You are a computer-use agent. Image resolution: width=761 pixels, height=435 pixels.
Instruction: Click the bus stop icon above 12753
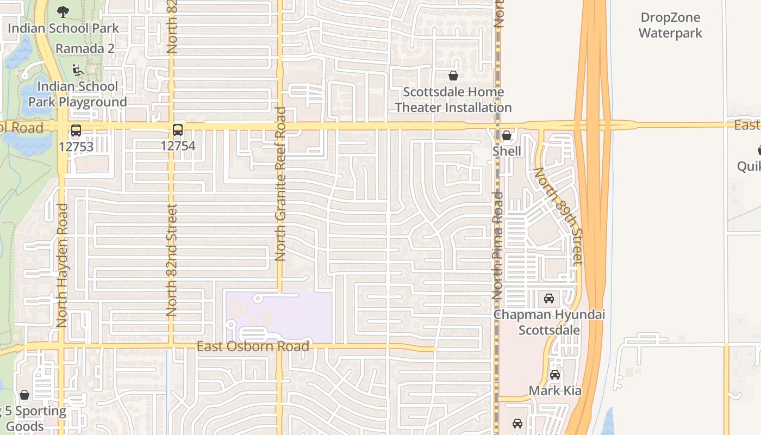click(x=76, y=130)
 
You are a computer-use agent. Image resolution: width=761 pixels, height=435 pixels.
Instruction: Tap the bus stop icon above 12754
click(x=178, y=130)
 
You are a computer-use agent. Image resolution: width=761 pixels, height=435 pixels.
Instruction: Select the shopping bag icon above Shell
click(x=507, y=135)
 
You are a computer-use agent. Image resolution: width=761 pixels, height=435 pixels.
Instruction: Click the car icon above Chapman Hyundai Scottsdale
click(x=549, y=299)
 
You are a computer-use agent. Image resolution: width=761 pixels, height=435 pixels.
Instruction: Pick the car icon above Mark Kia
click(x=555, y=375)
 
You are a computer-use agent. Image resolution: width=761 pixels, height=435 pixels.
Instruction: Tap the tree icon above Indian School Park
click(x=63, y=11)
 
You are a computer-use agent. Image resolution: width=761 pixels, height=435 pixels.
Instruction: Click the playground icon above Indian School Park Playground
click(x=78, y=70)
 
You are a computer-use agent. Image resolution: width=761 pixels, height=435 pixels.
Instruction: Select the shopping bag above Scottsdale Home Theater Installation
click(x=453, y=76)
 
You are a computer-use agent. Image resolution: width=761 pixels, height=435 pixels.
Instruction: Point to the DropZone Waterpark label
click(x=670, y=26)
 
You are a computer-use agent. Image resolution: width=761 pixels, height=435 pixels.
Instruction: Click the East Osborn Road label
click(x=253, y=346)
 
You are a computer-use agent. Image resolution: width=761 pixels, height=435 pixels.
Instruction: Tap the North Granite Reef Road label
click(x=280, y=184)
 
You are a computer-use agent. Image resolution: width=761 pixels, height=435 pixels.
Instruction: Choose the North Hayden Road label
click(x=61, y=265)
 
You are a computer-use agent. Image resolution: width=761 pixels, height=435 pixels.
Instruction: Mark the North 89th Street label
click(x=558, y=216)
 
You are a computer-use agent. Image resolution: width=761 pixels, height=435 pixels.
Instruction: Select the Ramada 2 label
click(x=85, y=48)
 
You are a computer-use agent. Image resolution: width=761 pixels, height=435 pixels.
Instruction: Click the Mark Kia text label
click(x=555, y=390)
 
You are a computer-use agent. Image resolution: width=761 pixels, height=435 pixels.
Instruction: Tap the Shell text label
click(x=507, y=151)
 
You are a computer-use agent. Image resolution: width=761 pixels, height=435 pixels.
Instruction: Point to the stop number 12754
click(x=178, y=146)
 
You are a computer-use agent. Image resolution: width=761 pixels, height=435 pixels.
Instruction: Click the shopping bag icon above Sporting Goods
click(x=24, y=395)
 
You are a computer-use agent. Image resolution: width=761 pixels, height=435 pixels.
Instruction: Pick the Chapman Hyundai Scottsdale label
click(x=549, y=322)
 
